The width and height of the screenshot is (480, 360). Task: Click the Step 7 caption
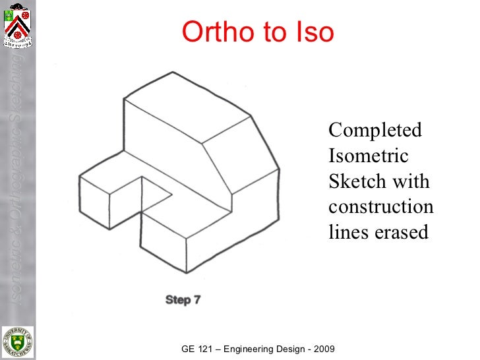[183, 300]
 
